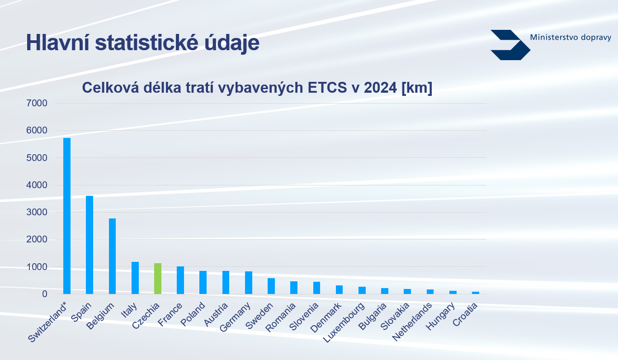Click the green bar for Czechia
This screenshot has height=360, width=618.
(x=157, y=279)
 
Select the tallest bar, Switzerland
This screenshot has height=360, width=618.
(x=67, y=216)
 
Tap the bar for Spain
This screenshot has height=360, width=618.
(x=90, y=245)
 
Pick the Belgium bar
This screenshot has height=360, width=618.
(x=112, y=256)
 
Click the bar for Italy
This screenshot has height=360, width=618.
(x=135, y=278)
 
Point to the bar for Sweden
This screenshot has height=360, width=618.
(x=271, y=286)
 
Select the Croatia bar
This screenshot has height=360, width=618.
(x=475, y=293)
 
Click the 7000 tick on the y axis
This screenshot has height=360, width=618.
(x=37, y=103)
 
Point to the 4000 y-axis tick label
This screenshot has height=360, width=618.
(x=37, y=185)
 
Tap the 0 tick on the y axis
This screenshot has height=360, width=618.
(x=45, y=294)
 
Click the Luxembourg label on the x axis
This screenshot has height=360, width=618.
(x=344, y=322)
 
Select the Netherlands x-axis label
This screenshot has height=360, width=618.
(x=412, y=322)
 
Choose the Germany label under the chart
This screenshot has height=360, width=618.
(x=235, y=317)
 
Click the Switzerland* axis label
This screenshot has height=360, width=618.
(x=47, y=322)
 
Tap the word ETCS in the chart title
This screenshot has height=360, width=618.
(x=327, y=88)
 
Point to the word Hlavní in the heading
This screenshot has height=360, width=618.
(x=58, y=43)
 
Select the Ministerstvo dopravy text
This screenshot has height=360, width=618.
(x=571, y=37)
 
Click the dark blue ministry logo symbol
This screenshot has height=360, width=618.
(x=510, y=45)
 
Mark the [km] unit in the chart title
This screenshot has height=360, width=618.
(x=417, y=88)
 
